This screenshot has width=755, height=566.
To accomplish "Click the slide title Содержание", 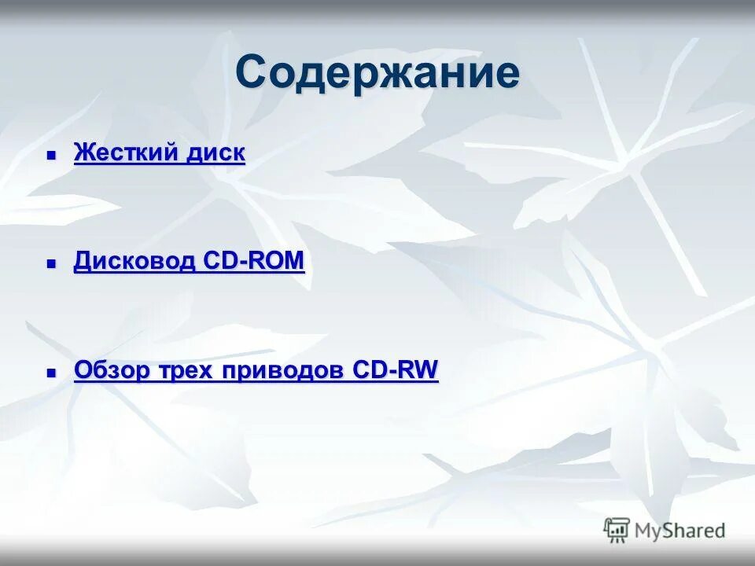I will [x=377, y=73].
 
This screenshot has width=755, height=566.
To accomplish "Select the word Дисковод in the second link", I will [x=134, y=261].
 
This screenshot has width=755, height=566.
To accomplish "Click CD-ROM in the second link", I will [x=254, y=261].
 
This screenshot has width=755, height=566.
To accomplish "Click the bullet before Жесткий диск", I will [x=52, y=156].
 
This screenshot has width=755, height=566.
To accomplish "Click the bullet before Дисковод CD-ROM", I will [x=52, y=264].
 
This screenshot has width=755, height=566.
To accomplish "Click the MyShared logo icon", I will [x=617, y=529].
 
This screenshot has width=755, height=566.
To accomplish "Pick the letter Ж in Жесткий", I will [x=82, y=153].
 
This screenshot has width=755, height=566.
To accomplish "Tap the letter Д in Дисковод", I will [x=82, y=261].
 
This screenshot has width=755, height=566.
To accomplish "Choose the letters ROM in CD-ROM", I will [x=279, y=261].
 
